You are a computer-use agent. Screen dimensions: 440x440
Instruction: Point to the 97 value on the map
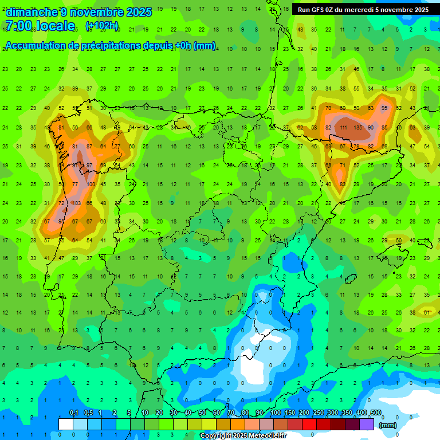coord(89,166)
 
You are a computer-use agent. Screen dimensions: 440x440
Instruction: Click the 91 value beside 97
coord(75,166)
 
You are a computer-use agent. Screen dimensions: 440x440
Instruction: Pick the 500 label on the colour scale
coord(376,413)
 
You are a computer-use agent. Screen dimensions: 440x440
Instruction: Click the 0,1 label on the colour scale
coord(74,413)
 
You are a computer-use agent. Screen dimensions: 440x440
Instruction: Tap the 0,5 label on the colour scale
coord(88,413)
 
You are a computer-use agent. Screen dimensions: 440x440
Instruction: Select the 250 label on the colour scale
coord(318,413)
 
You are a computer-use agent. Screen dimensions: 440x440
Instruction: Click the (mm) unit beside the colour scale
coord(388,425)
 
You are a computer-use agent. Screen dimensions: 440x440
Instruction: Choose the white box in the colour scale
coord(66,424)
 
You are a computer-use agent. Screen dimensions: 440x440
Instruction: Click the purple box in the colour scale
coord(367,424)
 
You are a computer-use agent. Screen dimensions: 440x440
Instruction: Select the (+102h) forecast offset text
coord(101,26)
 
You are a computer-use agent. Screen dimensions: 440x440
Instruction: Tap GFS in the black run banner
coord(319,10)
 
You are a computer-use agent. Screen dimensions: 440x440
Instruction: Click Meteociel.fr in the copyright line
coord(264,436)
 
